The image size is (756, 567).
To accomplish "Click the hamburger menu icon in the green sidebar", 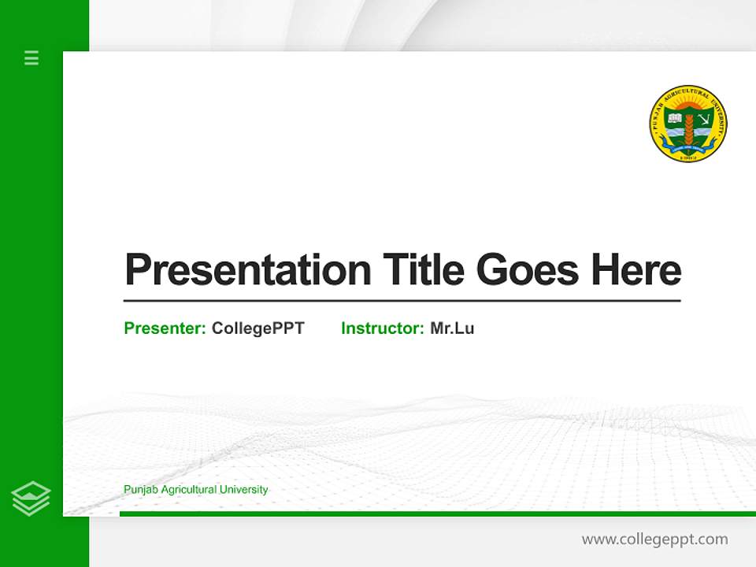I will [31, 57].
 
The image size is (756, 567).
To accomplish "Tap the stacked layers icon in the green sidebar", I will [31, 498].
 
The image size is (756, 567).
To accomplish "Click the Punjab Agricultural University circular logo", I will [688, 124].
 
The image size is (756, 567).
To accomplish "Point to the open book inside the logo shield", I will [675, 119].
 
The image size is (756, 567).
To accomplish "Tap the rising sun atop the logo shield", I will [688, 106].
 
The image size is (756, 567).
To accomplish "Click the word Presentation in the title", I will [247, 270].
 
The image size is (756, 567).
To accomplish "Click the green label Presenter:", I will [165, 328].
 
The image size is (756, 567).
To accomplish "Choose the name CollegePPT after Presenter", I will [258, 328].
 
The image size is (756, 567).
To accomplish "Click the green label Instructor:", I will [382, 328].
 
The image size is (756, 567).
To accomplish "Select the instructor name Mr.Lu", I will [452, 328].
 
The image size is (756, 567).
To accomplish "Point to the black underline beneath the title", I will [402, 300].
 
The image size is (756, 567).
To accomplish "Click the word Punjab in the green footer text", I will [139, 490].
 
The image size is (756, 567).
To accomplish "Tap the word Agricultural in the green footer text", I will [186, 490].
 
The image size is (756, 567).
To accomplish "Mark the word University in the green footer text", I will [243, 490].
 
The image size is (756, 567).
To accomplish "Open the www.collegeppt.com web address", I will [654, 539].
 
